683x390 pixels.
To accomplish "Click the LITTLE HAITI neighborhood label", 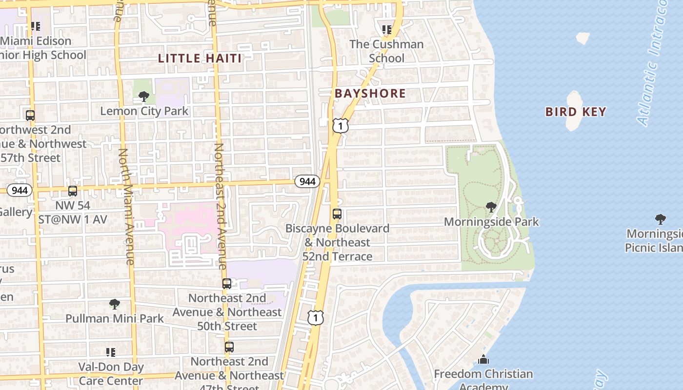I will pyautogui.click(x=200, y=58).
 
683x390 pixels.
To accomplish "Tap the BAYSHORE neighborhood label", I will pyautogui.click(x=370, y=93).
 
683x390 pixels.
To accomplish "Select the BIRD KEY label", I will pyautogui.click(x=576, y=112).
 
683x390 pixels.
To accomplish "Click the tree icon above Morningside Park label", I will pyautogui.click(x=491, y=207).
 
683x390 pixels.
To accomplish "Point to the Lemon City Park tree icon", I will pyautogui.click(x=143, y=96).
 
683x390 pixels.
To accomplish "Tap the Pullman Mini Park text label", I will pyautogui.click(x=115, y=319).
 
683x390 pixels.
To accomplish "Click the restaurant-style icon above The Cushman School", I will pyautogui.click(x=387, y=30).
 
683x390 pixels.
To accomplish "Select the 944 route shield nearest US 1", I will pyautogui.click(x=307, y=181).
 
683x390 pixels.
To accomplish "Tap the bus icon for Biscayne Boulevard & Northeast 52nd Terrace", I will pyautogui.click(x=337, y=214).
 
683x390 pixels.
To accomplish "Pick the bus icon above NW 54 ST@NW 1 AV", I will pyautogui.click(x=73, y=191).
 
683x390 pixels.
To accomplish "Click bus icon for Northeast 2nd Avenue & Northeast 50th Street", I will pyautogui.click(x=227, y=283).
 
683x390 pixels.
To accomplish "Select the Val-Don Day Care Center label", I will pyautogui.click(x=111, y=373).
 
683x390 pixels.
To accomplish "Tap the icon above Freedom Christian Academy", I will pyautogui.click(x=483, y=360).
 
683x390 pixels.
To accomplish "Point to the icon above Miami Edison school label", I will pyautogui.click(x=35, y=26).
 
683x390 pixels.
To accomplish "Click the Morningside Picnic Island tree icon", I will pyautogui.click(x=660, y=219).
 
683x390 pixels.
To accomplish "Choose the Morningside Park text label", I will pyautogui.click(x=491, y=222).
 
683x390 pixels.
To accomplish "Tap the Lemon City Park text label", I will pyautogui.click(x=144, y=111).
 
